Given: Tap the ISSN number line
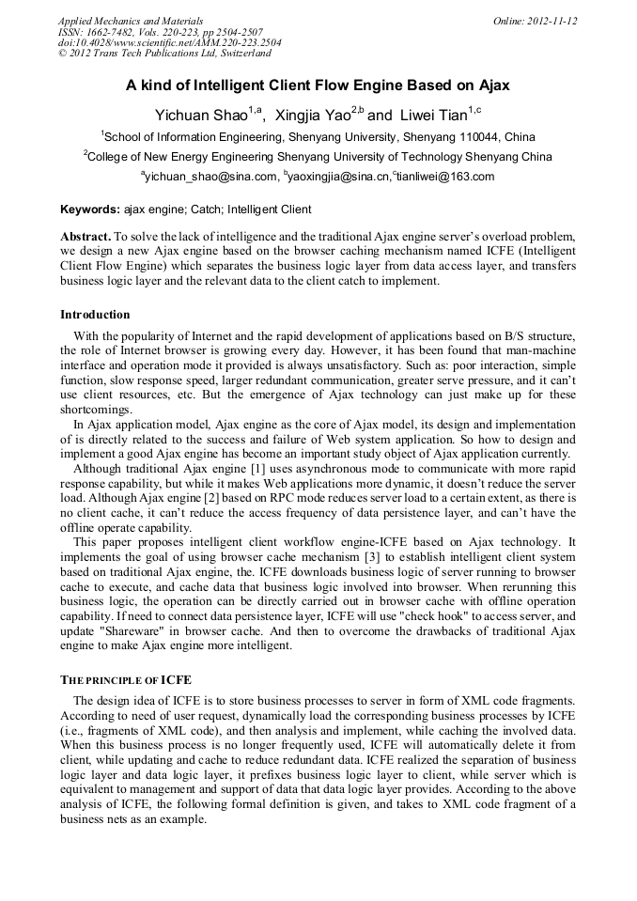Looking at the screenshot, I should pos(160,32).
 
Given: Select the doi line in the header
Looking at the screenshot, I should pos(169,42).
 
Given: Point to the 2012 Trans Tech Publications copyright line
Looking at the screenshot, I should pos(164,54).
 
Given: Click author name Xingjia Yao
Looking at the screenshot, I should pos(314,116).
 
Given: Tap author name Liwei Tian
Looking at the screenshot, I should pos(432,116).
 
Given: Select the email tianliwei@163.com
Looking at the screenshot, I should pos(445,177).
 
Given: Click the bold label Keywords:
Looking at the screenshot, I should pos(90,210).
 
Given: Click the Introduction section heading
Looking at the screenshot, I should pos(95,314).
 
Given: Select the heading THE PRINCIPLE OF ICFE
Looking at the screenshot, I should pos(127,679).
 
